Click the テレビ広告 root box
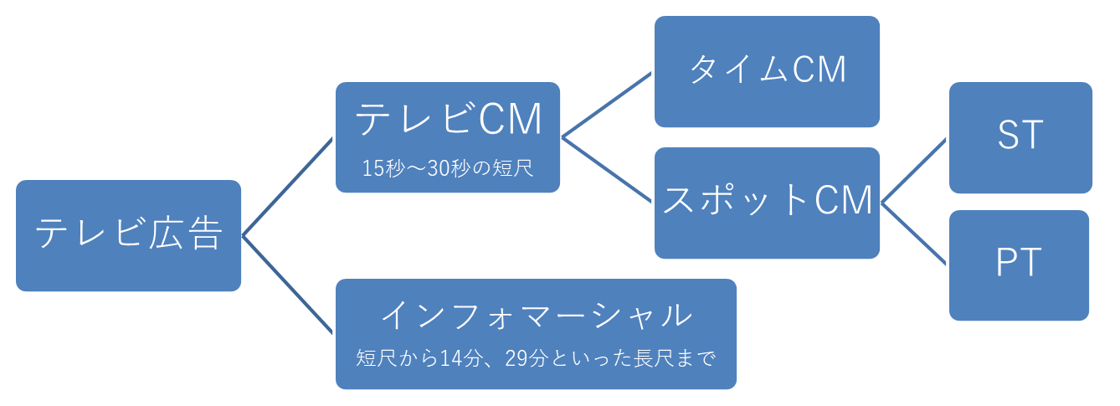point(128,235)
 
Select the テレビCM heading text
point(449,120)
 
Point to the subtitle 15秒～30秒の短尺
point(448,167)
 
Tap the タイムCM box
point(767,71)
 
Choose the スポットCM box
point(767,202)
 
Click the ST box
point(1020,136)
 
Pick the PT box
point(1020,265)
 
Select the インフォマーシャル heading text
point(536,316)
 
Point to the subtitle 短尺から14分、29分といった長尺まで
point(536,359)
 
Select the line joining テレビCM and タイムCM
point(607,105)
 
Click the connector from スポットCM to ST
point(914,170)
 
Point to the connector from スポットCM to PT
point(914,233)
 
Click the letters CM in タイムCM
point(819,71)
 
